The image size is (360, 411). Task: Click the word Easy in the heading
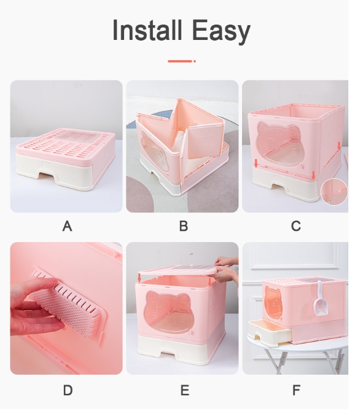coord(221,31)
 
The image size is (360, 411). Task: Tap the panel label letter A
coord(67,226)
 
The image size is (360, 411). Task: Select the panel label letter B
coord(184,226)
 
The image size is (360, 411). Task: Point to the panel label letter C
coord(295,226)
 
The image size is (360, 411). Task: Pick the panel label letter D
coord(68,390)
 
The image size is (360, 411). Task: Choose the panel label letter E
coord(185,390)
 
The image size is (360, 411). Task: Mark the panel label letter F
coord(296,390)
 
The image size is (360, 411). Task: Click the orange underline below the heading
coord(182,61)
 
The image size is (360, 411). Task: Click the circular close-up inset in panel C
coord(334,192)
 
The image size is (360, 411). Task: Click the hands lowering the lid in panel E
coord(227,268)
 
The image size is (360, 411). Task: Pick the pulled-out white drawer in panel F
coord(270,332)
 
